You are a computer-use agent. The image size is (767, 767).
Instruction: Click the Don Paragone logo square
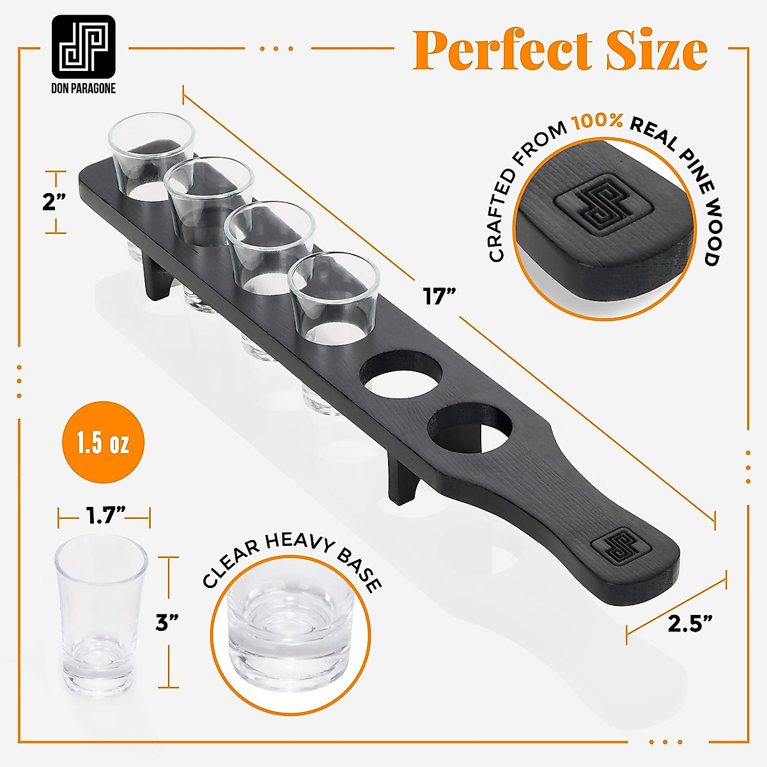84,46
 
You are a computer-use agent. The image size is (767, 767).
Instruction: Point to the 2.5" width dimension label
690,623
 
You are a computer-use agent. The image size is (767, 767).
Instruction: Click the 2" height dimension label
54,203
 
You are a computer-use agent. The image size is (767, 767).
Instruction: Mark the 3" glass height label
167,622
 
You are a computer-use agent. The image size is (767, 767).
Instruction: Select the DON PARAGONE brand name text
84,89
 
